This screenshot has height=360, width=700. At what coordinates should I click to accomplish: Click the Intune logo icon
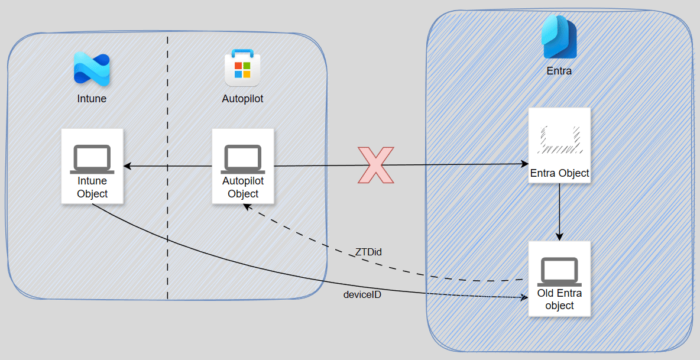coord(92,69)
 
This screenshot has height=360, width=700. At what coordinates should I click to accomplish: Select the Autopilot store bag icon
coord(242,69)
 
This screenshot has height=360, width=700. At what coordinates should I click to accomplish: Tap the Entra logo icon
coord(559,37)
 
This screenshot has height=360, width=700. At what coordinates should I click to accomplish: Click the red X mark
coord(375,165)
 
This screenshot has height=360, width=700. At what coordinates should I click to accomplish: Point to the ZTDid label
coord(368,252)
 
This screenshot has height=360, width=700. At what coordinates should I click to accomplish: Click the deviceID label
coord(362,294)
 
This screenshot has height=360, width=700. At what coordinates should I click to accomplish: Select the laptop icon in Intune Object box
coord(92,159)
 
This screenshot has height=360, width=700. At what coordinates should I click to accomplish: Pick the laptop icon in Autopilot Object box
coord(242,159)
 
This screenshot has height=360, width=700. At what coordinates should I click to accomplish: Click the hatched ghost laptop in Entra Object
coord(559,140)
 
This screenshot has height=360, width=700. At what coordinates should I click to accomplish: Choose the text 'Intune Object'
coord(92,187)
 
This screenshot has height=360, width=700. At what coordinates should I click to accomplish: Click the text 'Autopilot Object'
coord(243,187)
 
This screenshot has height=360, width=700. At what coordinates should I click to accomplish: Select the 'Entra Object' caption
coord(559,173)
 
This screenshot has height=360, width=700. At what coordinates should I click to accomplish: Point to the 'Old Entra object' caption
coord(559,299)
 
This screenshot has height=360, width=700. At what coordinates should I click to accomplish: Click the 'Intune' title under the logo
coord(92,99)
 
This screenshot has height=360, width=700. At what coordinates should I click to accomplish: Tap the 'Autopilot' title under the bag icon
coord(242,99)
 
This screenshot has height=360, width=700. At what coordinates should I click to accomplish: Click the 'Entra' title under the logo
coord(559,71)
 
